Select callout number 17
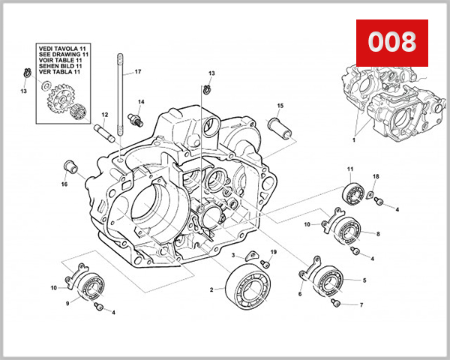pos(137,73)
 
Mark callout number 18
pos(376,177)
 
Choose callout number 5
pos(364,280)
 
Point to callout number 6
pos(299,294)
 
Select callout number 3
pos(233,256)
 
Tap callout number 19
pos(274,252)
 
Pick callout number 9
pos(67,303)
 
